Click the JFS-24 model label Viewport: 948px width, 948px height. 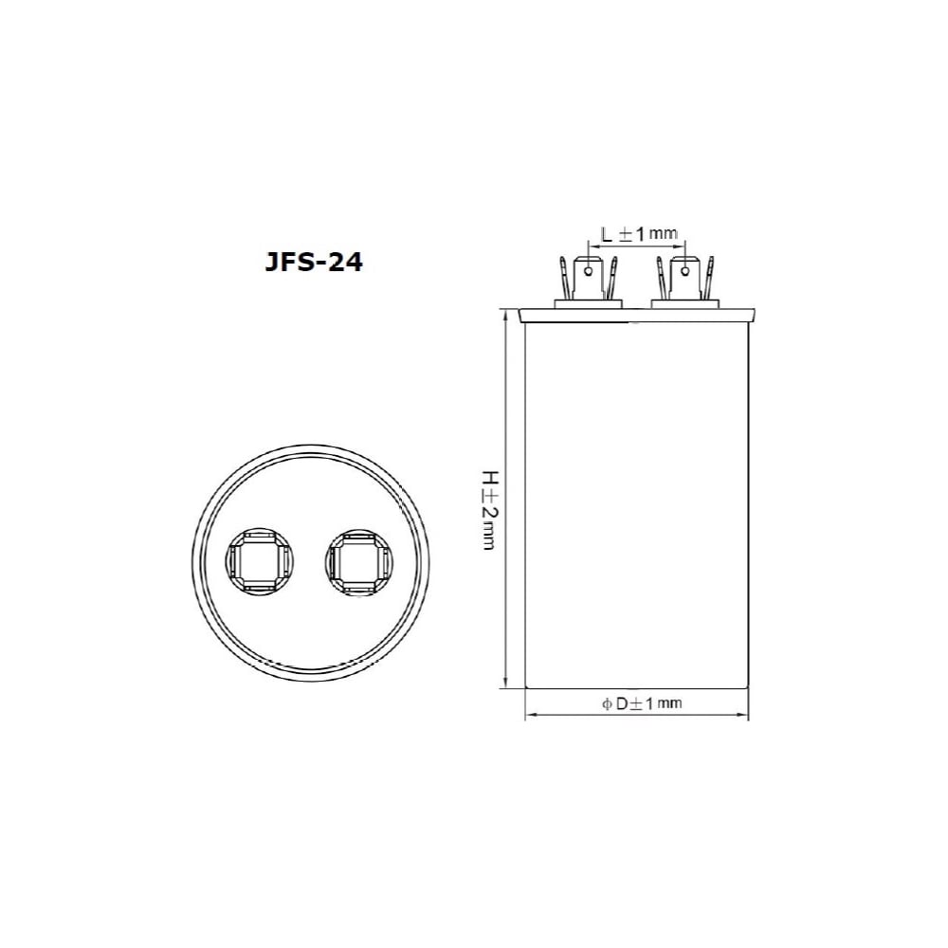click(314, 263)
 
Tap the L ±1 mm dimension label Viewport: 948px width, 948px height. click(639, 233)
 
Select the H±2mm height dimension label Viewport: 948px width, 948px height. click(488, 510)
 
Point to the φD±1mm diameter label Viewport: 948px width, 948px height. click(642, 703)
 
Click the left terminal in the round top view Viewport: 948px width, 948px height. click(259, 560)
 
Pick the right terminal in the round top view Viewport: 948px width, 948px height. click(359, 562)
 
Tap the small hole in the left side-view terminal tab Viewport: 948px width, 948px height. click(588, 271)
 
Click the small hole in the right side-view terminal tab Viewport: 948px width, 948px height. click(684, 271)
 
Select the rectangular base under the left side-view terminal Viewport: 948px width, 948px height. click(589, 303)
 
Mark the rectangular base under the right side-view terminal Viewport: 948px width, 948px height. click(685, 303)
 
